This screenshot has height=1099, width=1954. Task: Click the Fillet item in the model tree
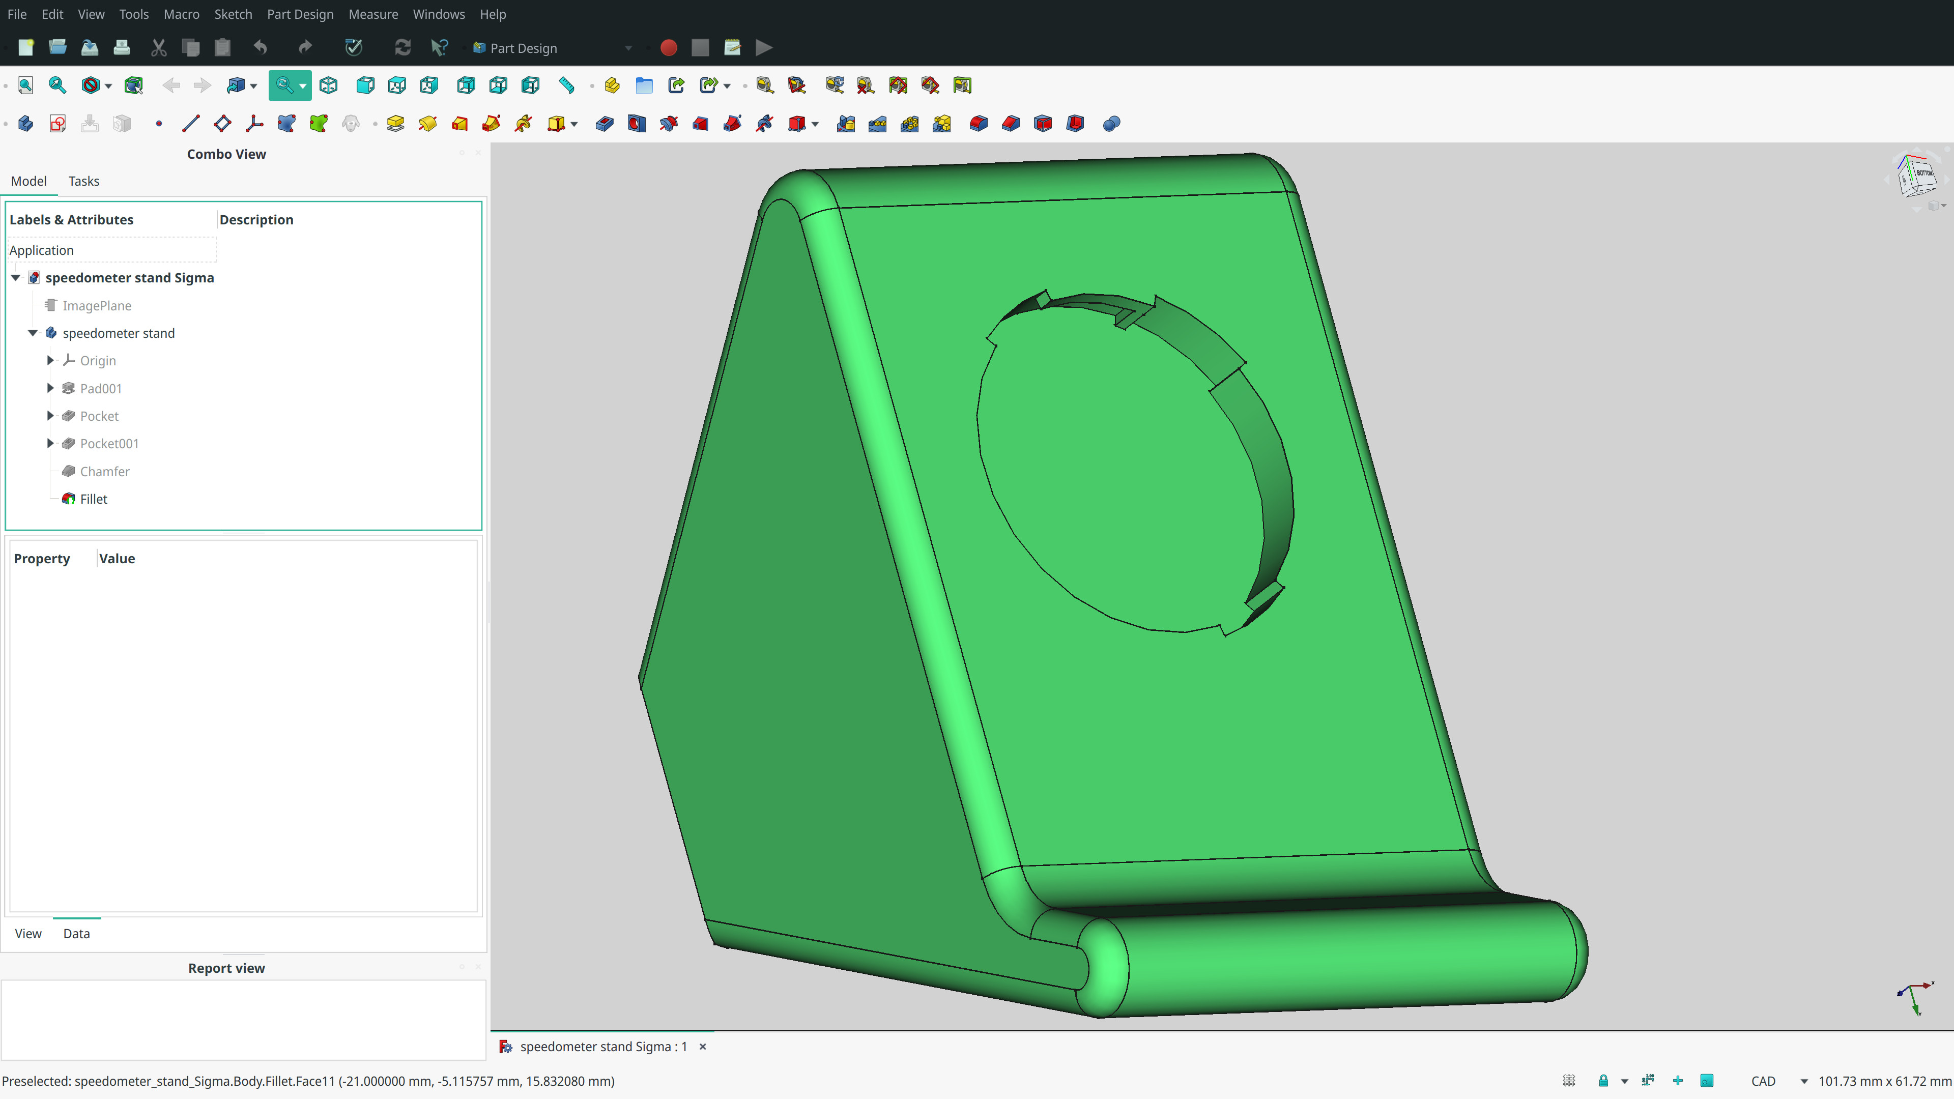93,499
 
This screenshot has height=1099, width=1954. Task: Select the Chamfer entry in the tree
105,472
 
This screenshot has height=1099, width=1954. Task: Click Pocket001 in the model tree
109,444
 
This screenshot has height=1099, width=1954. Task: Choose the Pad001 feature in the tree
101,388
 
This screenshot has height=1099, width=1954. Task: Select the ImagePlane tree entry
96,306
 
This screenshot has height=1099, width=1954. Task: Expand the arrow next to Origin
50,360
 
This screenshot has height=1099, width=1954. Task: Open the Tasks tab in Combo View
83,181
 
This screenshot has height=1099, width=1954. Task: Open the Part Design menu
300,14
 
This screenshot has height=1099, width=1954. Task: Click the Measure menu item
372,14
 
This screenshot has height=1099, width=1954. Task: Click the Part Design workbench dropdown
552,48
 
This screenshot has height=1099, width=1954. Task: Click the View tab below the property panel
28,934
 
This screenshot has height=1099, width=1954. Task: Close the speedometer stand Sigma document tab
702,1047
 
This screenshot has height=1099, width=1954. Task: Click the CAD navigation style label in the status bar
1763,1081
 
